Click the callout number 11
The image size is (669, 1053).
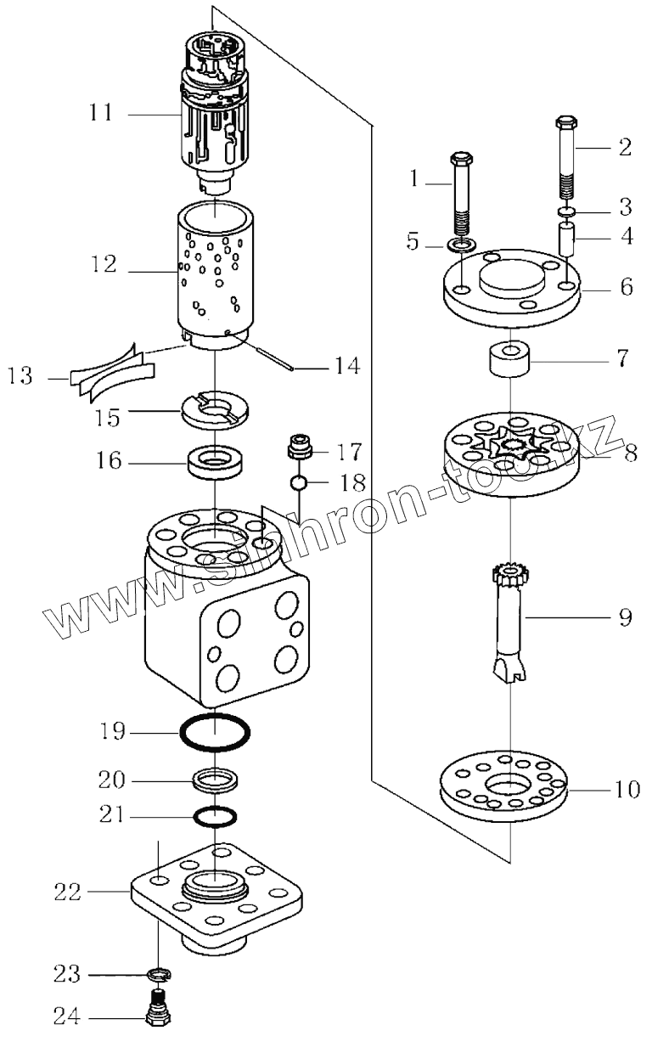pos(100,113)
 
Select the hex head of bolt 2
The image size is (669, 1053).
pos(566,124)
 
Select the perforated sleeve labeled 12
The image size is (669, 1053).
pos(216,272)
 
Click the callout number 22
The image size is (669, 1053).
pos(67,893)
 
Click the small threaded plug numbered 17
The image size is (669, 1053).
pos(299,446)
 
